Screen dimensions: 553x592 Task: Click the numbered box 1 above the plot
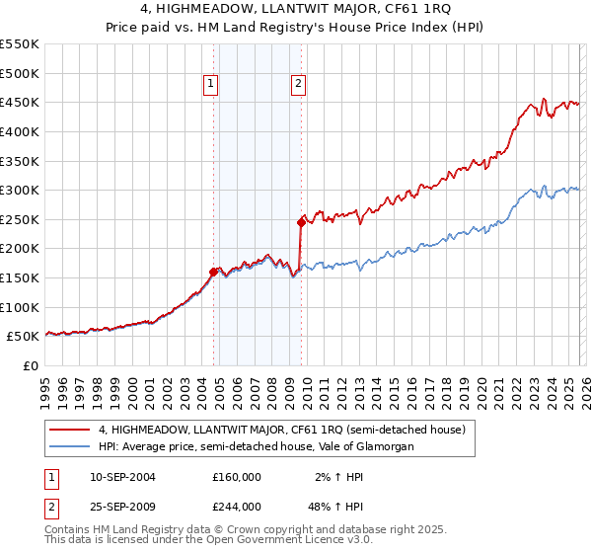212,85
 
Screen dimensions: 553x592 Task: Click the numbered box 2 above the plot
298,85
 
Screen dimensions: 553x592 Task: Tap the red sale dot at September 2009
301,223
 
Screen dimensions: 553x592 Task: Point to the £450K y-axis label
20,102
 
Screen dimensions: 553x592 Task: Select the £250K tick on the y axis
20,219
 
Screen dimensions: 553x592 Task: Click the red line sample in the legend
70,430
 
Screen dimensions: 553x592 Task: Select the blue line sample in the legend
70,447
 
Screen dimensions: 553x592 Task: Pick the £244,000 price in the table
236,506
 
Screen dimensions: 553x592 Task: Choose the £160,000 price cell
236,476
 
